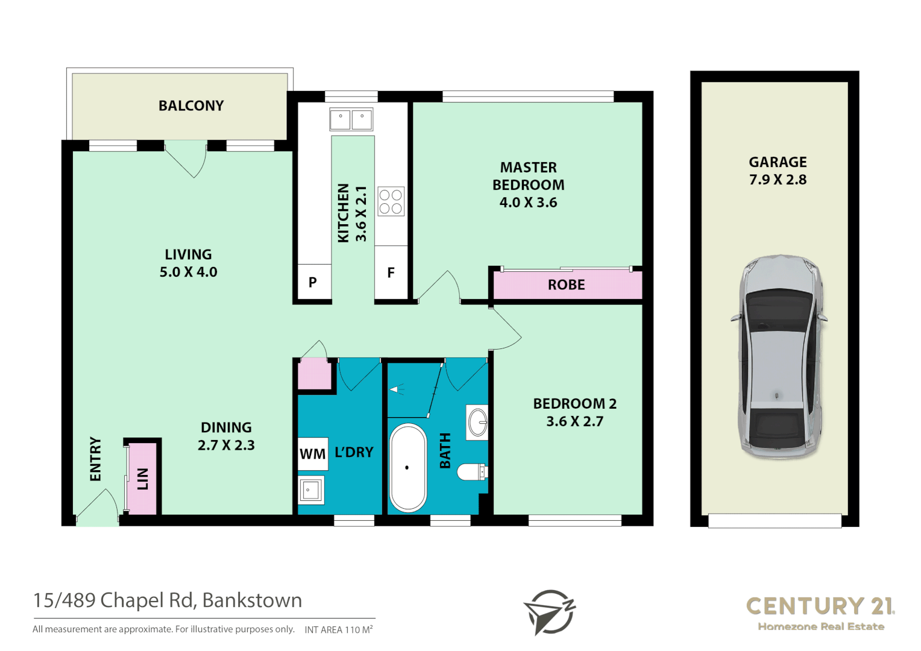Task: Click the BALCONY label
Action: (191, 105)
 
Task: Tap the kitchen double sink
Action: (351, 119)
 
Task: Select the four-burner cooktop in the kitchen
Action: (391, 201)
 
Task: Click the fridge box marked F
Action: (391, 273)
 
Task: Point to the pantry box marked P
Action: (313, 281)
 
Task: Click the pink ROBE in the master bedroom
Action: (567, 285)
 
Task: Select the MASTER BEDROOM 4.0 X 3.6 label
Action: (528, 184)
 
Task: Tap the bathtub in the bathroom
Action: (408, 468)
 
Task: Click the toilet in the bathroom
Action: (471, 471)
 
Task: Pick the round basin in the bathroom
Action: (477, 422)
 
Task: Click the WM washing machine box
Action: (313, 453)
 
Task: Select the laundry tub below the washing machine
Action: (311, 490)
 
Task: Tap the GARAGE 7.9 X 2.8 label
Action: (778, 171)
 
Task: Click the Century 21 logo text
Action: (820, 606)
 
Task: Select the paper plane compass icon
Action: (549, 611)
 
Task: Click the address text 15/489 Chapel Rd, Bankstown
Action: (168, 600)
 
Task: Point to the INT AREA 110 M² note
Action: (338, 629)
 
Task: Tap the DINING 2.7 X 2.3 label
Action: (226, 436)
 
